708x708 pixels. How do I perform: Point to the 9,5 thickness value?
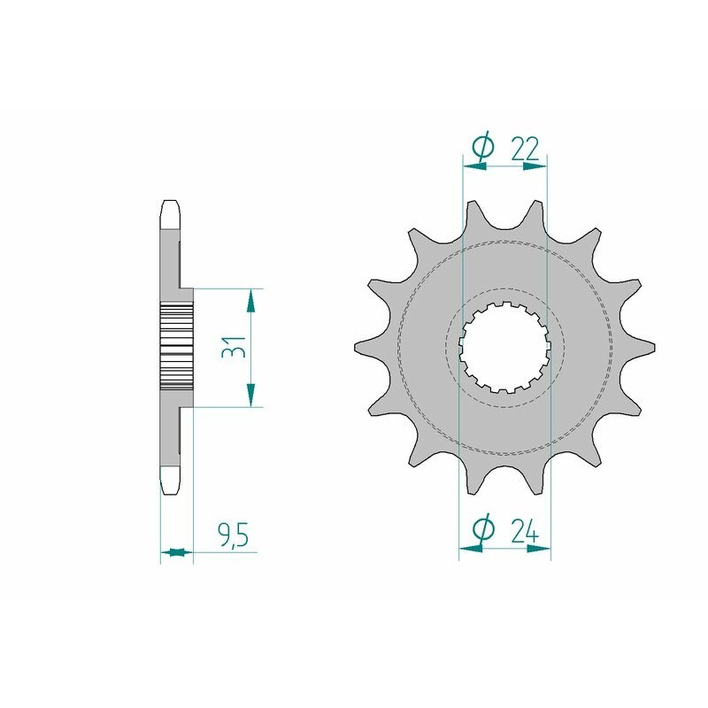tap(231, 536)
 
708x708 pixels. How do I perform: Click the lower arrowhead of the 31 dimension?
tap(251, 395)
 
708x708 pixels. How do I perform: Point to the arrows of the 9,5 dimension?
tap(176, 553)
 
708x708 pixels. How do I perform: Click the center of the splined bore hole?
tap(504, 347)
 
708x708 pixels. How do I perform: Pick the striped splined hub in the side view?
tap(176, 348)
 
